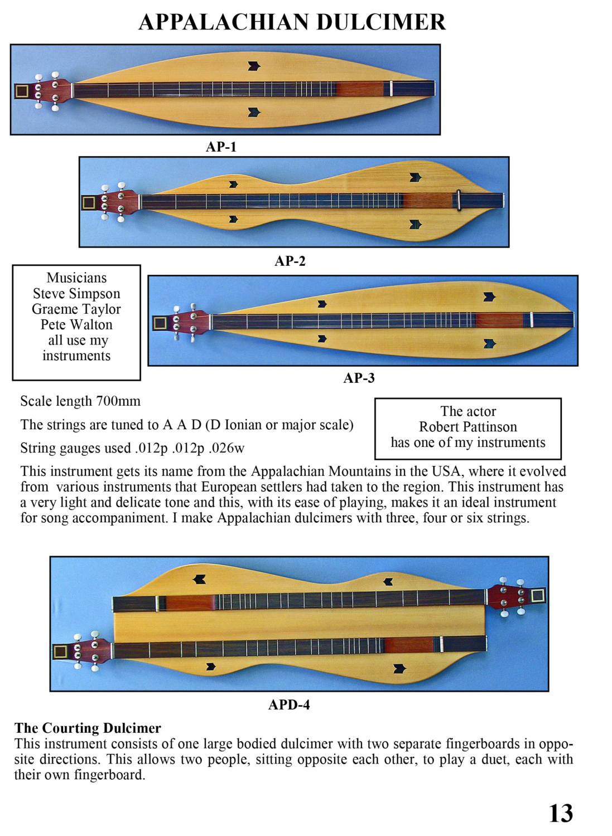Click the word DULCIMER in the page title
pos(381,22)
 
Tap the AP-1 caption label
pos(221,147)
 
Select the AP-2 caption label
pos(290,261)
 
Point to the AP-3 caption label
pos(359,378)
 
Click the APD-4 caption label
pos(289,704)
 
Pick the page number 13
pos(561,813)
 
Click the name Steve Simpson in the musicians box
pos(76,294)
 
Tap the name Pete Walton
pos(76,324)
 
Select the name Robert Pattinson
pos(468,427)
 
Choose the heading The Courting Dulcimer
pos(88,728)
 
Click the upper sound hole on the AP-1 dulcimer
pos(254,66)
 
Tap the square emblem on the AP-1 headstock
pos(22,91)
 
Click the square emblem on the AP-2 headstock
pos(89,202)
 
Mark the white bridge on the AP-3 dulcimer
pos(532,320)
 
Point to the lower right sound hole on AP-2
pos(415,225)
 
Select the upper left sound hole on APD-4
pos(199,580)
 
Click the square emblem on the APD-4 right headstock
pos(538,596)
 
